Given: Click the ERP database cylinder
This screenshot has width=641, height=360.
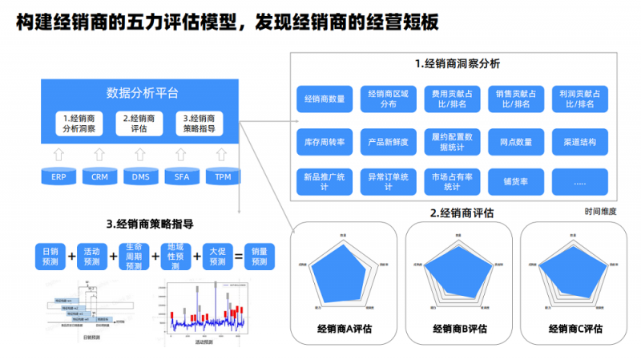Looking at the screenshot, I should tap(58, 176).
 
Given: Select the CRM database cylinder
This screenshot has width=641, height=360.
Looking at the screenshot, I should tap(99, 176).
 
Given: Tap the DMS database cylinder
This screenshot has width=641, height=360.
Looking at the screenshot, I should tap(140, 176).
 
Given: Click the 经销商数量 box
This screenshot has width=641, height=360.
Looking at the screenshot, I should tap(325, 99).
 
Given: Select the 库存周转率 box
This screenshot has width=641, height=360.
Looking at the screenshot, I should tap(325, 142).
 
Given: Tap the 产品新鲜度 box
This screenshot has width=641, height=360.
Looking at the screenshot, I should tap(389, 142).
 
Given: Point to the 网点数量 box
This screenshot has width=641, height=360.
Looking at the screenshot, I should tap(516, 142).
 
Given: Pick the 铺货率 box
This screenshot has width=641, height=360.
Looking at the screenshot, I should tap(516, 182).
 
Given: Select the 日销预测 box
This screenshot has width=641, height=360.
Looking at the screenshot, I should tap(50, 257).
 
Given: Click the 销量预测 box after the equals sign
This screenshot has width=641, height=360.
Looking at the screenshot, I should tap(260, 257).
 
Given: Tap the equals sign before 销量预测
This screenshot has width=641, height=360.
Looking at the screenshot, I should tap(238, 257).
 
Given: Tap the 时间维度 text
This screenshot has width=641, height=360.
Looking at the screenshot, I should tap(600, 212).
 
